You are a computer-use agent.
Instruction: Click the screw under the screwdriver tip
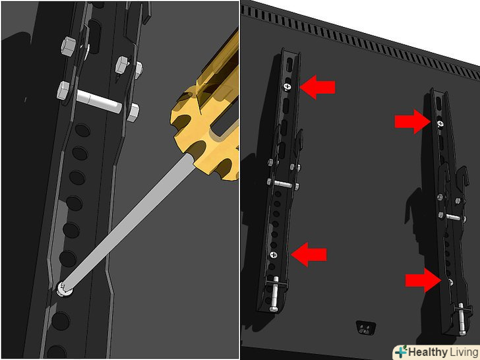point(65,289)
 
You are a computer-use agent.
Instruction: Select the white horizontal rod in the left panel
point(99,101)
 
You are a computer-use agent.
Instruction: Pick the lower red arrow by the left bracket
point(309,255)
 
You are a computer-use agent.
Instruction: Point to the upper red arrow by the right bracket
point(412,121)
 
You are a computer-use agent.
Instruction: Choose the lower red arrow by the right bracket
point(423,280)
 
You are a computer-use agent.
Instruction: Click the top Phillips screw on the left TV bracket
point(287,87)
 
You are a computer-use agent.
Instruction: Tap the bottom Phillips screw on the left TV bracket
point(274,255)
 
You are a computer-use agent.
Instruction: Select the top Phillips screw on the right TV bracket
point(440,123)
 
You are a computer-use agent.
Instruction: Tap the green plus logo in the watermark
point(401,351)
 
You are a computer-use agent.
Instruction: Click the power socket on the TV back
point(365,328)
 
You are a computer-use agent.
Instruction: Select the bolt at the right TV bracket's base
point(461,318)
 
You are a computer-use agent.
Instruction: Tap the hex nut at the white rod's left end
point(64,90)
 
